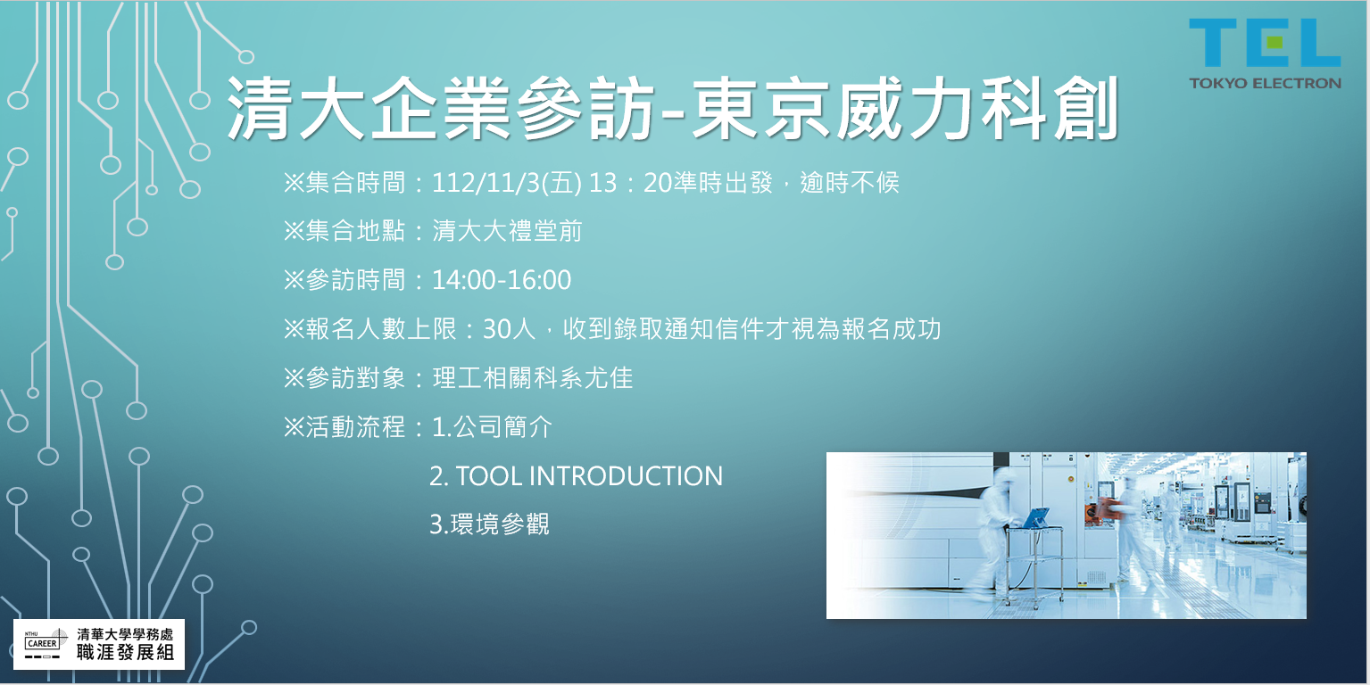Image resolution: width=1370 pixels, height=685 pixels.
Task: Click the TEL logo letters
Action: coord(1265,42)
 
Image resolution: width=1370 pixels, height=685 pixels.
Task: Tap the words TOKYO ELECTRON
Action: coord(1265,83)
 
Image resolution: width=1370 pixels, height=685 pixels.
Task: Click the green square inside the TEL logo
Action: coord(1275,42)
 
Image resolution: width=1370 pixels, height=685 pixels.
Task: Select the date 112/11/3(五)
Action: coord(507,183)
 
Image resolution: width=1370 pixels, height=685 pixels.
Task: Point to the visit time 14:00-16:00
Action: coord(502,280)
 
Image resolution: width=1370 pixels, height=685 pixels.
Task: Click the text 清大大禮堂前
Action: coord(507,231)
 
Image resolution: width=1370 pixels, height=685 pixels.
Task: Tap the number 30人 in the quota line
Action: coord(509,329)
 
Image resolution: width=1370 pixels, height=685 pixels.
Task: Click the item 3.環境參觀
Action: coord(489,524)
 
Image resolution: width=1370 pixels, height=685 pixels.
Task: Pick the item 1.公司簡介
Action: coord(493,426)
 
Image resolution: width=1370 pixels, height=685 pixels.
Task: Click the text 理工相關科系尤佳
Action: coord(533,377)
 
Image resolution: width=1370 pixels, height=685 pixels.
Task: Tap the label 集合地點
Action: coord(355,231)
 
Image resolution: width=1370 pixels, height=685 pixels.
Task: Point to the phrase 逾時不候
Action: coord(850,183)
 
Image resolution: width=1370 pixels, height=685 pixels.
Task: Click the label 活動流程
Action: coord(355,426)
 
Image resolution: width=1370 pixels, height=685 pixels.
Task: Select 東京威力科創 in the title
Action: coord(905,109)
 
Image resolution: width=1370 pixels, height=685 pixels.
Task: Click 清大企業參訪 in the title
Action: coord(440,109)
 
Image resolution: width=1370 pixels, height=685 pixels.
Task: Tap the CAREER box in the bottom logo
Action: coord(42,643)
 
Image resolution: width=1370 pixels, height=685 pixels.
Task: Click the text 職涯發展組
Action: coord(125,653)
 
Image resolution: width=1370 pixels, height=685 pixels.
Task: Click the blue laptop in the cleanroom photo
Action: coord(1035,518)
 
